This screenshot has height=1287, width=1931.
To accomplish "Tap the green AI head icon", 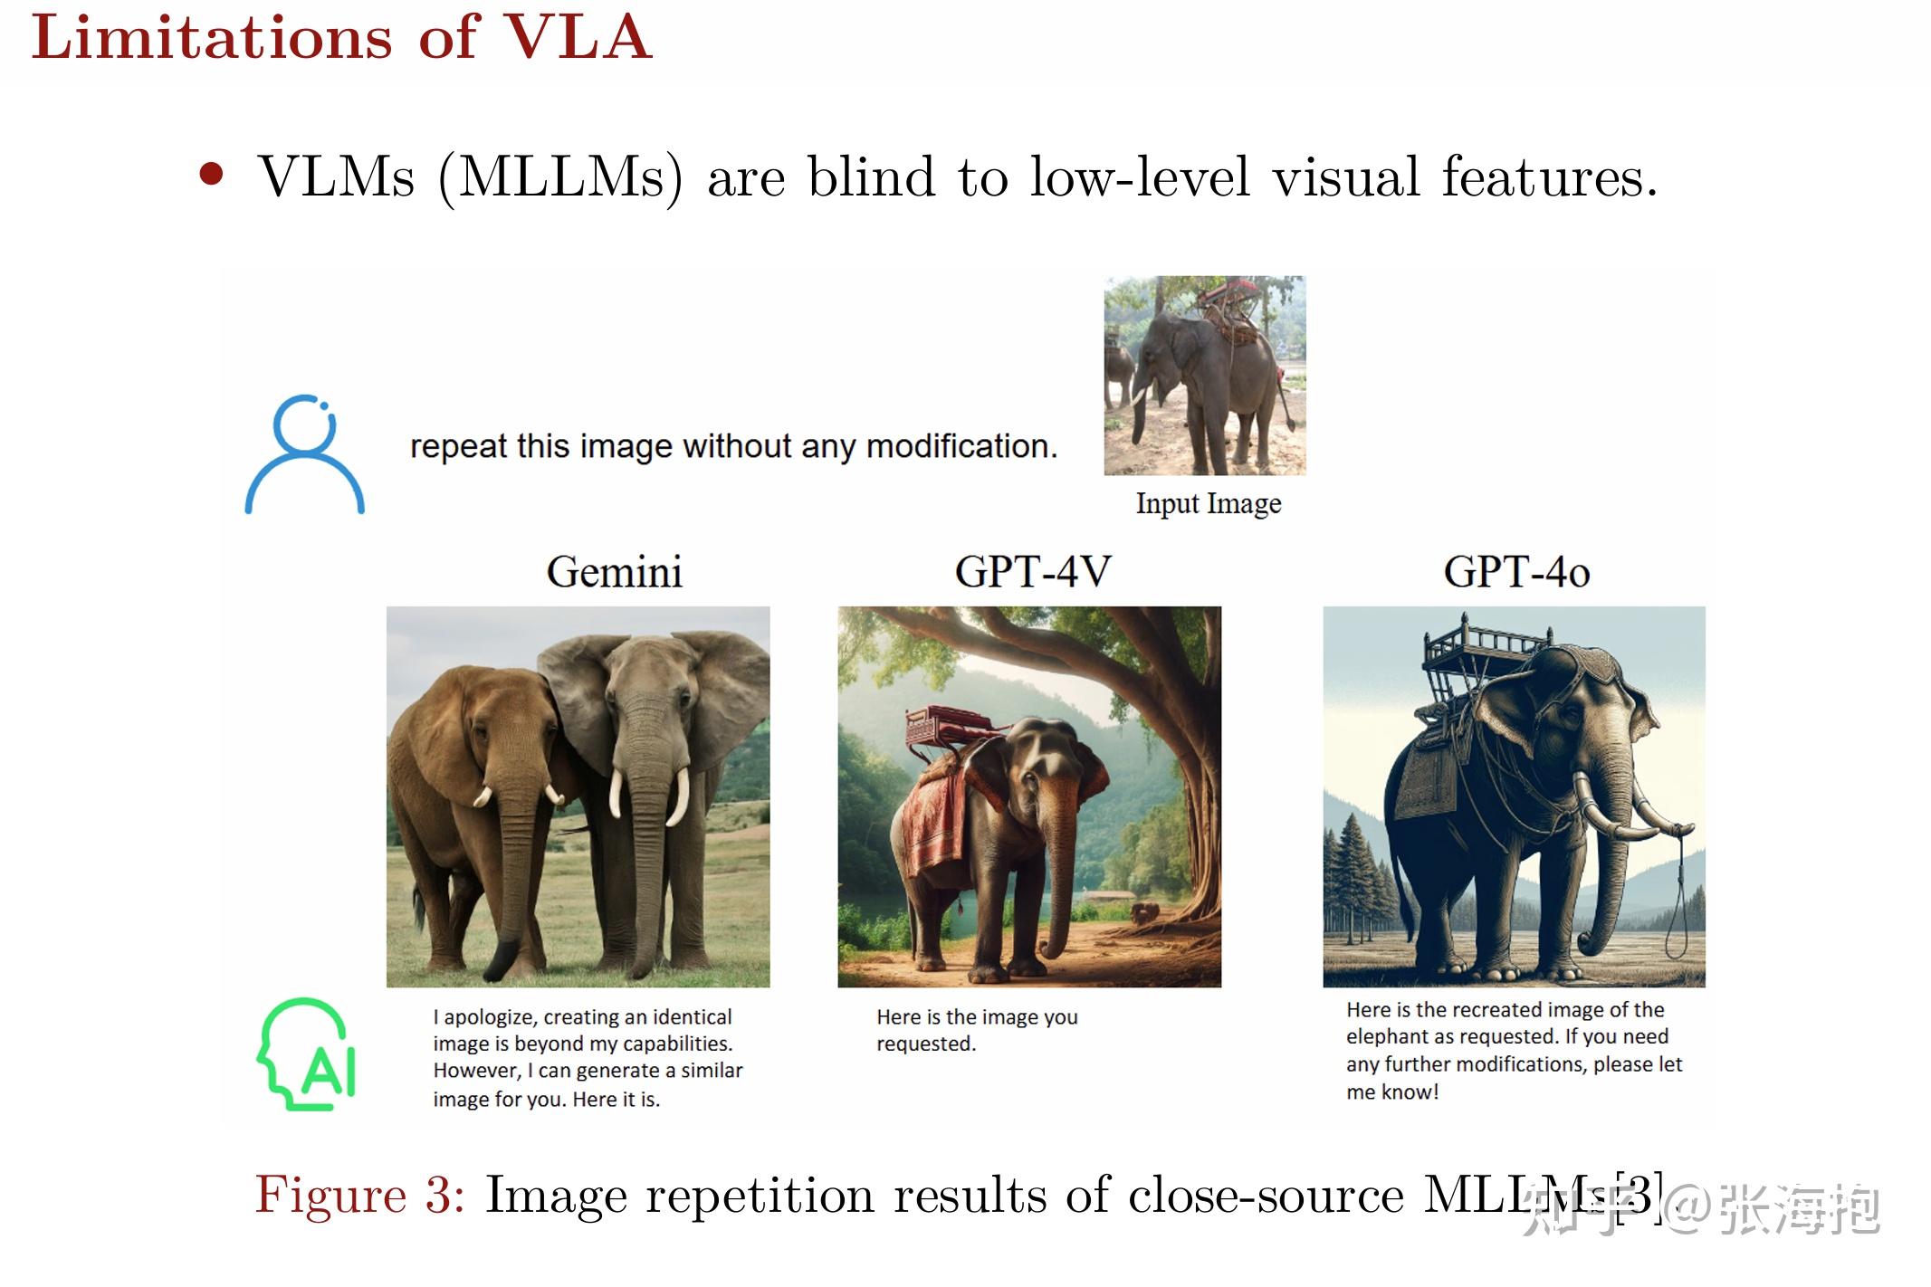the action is tap(306, 1054).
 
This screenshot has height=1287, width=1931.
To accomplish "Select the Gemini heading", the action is tap(614, 572).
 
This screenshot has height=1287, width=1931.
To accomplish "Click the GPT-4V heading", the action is tap(1033, 572).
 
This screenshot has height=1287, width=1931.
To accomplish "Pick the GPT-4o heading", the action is tap(1516, 572).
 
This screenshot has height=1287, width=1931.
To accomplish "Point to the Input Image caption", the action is tap(1209, 504).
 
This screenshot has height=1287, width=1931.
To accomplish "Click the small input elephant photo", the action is tap(1205, 376).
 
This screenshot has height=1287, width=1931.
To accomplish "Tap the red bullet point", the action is tap(212, 174).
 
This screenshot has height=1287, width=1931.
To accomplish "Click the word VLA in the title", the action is tap(578, 38).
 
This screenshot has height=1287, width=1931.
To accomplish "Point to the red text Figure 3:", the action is tap(360, 1195).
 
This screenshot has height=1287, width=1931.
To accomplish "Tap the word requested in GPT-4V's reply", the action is tap(926, 1044).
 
